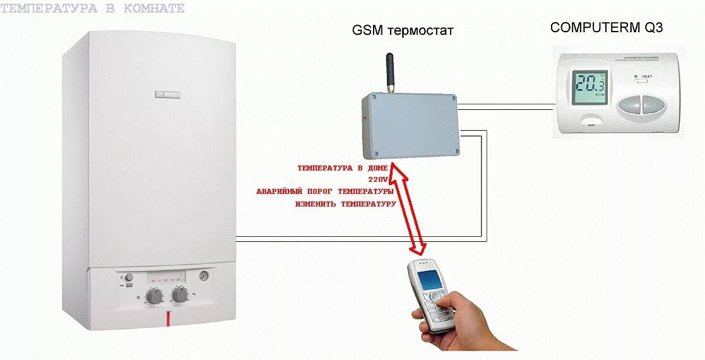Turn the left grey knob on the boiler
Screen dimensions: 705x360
(x=153, y=296)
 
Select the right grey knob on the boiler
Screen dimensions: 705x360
(x=180, y=294)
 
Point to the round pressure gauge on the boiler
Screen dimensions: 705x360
(x=204, y=275)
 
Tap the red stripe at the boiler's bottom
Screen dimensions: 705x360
(x=169, y=318)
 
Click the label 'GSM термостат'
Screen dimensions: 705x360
(x=403, y=30)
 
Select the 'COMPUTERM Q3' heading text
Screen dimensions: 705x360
(x=607, y=27)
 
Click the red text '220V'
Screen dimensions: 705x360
(x=382, y=179)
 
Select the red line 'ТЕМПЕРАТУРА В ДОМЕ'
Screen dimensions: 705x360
(x=342, y=168)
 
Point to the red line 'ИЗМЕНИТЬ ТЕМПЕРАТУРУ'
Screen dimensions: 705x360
(x=345, y=204)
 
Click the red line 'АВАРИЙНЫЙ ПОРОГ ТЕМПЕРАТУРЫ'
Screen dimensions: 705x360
(x=325, y=191)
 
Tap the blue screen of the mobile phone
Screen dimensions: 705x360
(x=430, y=278)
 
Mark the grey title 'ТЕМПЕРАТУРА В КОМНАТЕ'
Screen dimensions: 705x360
(x=93, y=8)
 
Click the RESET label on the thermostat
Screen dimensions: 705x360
(x=591, y=126)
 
